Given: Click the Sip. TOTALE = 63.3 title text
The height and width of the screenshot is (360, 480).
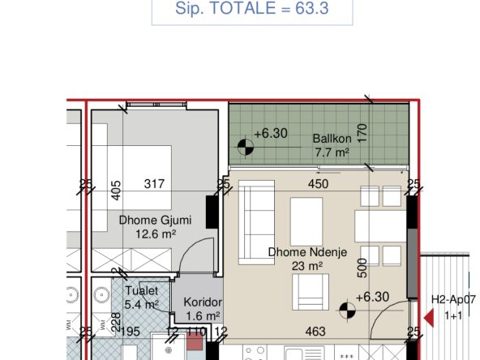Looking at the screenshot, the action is (x=251, y=8).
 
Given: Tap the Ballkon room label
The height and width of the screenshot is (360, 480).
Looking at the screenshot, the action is (x=332, y=139).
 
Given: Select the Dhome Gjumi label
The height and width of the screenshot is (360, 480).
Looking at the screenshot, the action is (x=155, y=220).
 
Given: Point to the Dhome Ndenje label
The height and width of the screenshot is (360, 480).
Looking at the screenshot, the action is (x=307, y=252).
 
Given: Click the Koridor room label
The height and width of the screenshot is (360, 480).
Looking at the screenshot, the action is (x=203, y=302).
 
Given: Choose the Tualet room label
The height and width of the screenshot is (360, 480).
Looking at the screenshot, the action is (x=142, y=290).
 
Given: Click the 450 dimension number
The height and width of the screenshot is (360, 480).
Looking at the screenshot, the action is (x=319, y=184).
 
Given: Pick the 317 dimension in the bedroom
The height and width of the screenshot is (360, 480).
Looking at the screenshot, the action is (x=154, y=184).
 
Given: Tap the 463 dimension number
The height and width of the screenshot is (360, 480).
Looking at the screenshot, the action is (x=315, y=332).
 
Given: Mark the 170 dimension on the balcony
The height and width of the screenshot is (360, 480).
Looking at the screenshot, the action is (x=362, y=132).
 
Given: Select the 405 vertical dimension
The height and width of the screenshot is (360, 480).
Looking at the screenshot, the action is (x=116, y=191).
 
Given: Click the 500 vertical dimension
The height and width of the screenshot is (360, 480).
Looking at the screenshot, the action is (x=362, y=268).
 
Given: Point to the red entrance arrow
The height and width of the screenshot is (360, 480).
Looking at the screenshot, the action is (x=429, y=319).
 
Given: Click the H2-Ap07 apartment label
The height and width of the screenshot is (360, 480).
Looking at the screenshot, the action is (x=454, y=299).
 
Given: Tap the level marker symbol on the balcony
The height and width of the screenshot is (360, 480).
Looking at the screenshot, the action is (x=246, y=147).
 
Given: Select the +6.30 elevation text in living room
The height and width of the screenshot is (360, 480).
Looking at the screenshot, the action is (x=372, y=297).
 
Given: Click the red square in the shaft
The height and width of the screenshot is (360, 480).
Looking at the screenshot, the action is (x=195, y=341).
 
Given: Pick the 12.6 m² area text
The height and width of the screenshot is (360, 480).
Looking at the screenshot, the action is (x=156, y=234).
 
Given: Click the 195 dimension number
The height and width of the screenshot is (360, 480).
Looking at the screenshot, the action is (x=131, y=332).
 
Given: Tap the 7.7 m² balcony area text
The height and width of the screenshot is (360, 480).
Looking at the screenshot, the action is (x=332, y=152).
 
